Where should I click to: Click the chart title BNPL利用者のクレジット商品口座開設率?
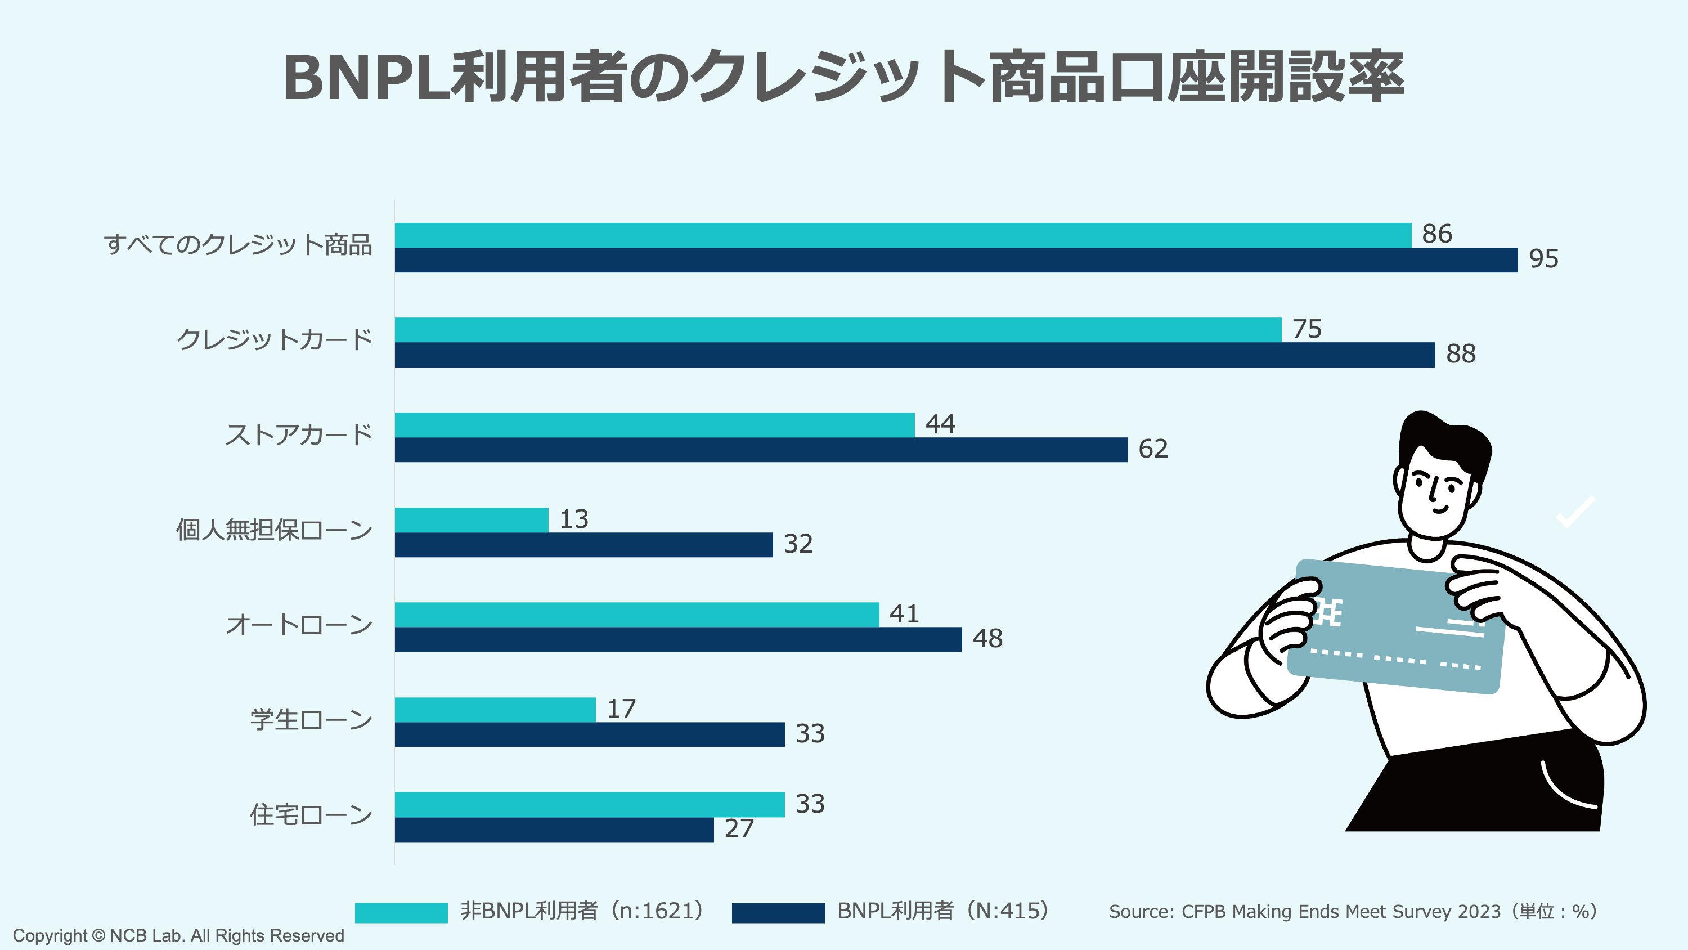tap(843, 77)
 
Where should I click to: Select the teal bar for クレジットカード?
tap(837, 330)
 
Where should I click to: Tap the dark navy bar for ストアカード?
tap(761, 450)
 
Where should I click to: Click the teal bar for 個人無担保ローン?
tap(471, 520)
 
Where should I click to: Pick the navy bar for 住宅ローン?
tap(554, 830)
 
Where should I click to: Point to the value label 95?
tap(1543, 258)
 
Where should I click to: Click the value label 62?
tap(1153, 449)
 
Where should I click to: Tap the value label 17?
tap(621, 709)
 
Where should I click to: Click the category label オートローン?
tap(299, 625)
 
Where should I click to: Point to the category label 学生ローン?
tap(311, 720)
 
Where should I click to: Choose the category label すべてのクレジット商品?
tap(238, 245)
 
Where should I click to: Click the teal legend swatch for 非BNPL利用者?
tap(401, 912)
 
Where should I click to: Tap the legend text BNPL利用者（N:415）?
tap(944, 911)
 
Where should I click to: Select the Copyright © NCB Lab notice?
tap(178, 935)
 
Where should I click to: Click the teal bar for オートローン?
tap(636, 615)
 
